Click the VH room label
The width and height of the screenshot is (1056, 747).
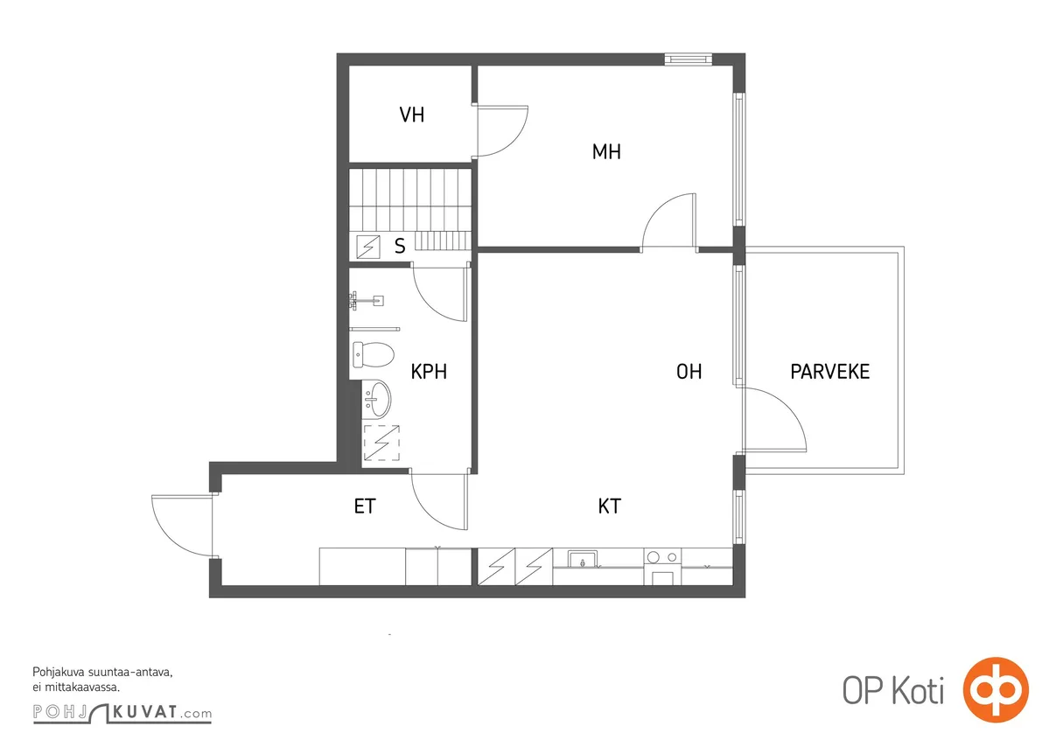[x=411, y=115]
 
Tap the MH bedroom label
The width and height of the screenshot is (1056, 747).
[x=606, y=151]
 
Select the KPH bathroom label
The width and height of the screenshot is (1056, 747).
[x=429, y=372]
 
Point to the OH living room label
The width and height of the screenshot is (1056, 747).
[x=689, y=372]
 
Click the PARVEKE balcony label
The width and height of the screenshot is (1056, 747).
[x=829, y=372]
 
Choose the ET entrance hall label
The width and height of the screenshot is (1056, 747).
[x=365, y=506]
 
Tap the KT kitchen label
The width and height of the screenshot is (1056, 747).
[x=610, y=506]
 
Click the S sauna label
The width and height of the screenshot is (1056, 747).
[x=400, y=246]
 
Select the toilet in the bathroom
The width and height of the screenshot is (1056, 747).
[x=374, y=355]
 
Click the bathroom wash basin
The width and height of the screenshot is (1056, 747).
[x=378, y=400]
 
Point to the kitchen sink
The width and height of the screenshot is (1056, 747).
[x=583, y=559]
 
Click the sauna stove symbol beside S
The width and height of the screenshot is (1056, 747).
[x=368, y=247]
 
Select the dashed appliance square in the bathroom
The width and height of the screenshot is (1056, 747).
[x=381, y=443]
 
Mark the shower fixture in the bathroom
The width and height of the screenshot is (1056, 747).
[x=367, y=300]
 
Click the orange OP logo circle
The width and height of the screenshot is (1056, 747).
[x=997, y=690]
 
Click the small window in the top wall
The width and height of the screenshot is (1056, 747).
[x=689, y=59]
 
